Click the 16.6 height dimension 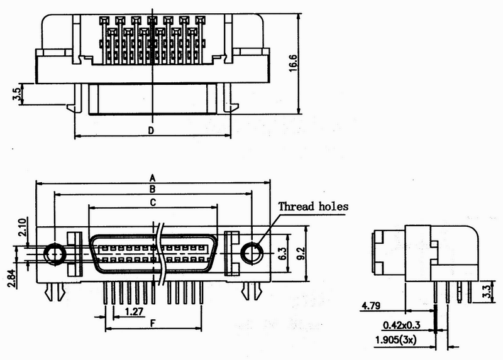pyautogui.click(x=293, y=63)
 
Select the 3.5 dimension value pyautogui.click(x=18, y=94)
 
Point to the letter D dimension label pyautogui.click(x=151, y=131)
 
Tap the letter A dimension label pyautogui.click(x=153, y=178)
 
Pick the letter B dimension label pyautogui.click(x=152, y=189)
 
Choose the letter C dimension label pyautogui.click(x=153, y=202)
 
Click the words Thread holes pyautogui.click(x=313, y=206)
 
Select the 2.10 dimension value pyautogui.click(x=22, y=227)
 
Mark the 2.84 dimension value pyautogui.click(x=11, y=278)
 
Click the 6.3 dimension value pyautogui.click(x=282, y=254)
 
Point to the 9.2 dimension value pyautogui.click(x=301, y=254)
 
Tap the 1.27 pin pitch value pyautogui.click(x=134, y=311)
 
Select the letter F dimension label pyautogui.click(x=153, y=324)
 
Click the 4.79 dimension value pyautogui.click(x=371, y=305)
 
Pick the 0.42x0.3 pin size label pyautogui.click(x=402, y=325)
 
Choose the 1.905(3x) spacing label pyautogui.click(x=396, y=340)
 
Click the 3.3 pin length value pyautogui.click(x=487, y=292)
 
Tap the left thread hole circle pyautogui.click(x=55, y=254)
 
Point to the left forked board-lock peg pyautogui.click(x=55, y=292)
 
